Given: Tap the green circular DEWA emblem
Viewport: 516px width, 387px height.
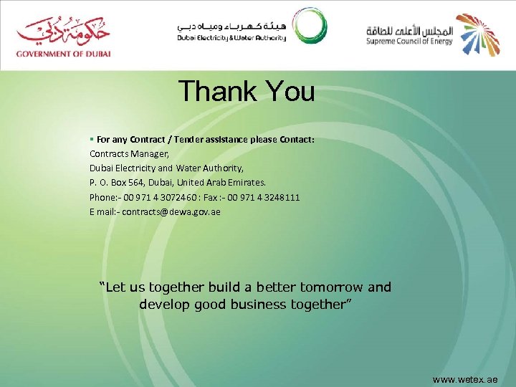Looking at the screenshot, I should click(x=310, y=27).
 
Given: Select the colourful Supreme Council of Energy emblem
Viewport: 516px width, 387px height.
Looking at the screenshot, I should click(x=478, y=34).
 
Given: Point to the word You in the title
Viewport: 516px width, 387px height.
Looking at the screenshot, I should click(x=290, y=91).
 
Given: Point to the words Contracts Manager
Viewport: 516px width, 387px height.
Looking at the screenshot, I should click(x=129, y=153).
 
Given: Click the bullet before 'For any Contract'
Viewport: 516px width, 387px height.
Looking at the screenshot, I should click(x=92, y=139).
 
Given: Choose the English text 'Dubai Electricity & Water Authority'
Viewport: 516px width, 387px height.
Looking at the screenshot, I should click(x=231, y=38).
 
